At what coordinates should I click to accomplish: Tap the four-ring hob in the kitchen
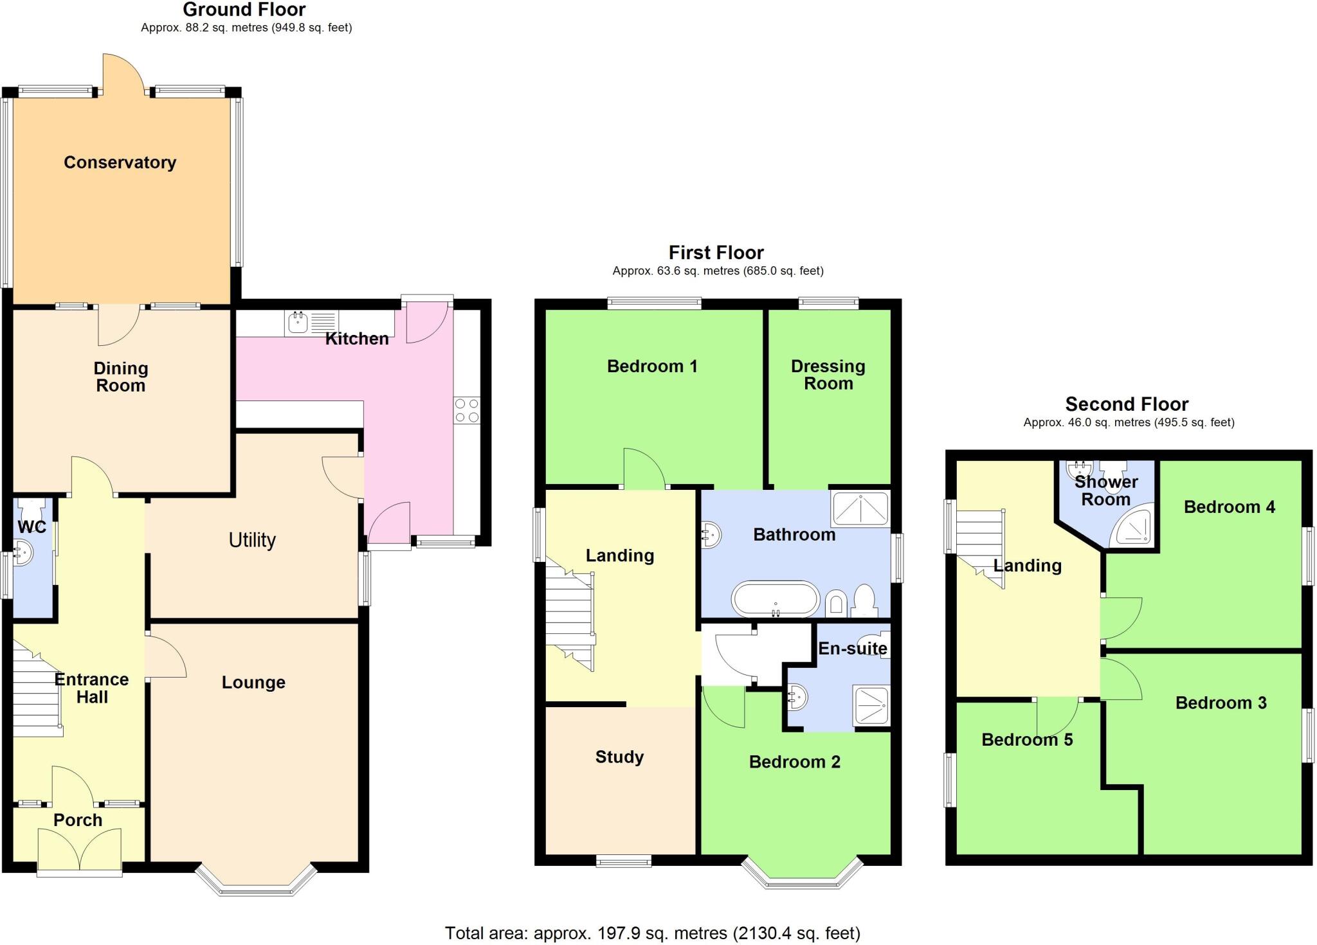[x=467, y=411]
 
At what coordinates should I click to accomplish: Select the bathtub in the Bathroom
[x=775, y=599]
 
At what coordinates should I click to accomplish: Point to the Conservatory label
[x=120, y=163]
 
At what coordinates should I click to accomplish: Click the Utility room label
[x=252, y=540]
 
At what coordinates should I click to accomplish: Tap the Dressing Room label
[x=828, y=375]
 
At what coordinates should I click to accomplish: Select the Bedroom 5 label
[x=1026, y=740]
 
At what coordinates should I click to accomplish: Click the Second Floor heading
[x=1127, y=404]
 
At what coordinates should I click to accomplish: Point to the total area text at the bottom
[x=652, y=933]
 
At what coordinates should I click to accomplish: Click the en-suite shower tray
[x=871, y=705]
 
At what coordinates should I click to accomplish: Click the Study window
[x=623, y=861]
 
